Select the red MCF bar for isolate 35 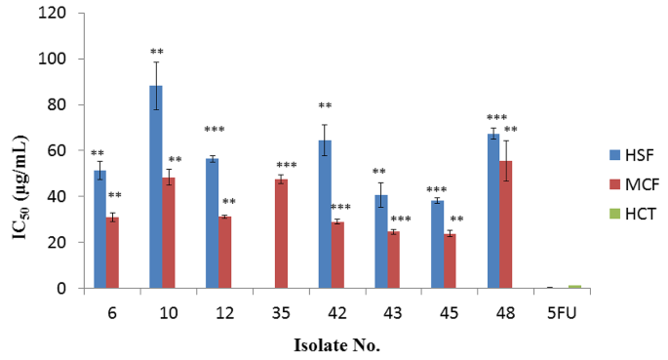281,234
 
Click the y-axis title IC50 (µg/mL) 20,150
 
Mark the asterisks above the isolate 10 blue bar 156,51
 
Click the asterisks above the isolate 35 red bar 287,165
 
